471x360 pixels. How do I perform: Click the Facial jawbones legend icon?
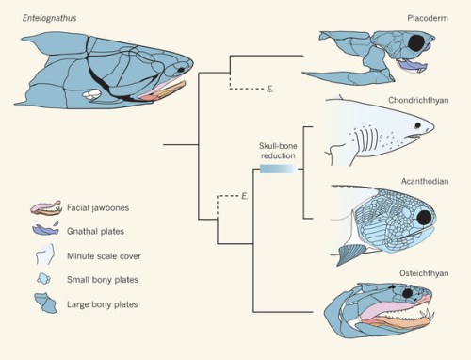point(44,207)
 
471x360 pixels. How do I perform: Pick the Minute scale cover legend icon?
point(44,254)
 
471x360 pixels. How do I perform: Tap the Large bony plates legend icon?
point(44,303)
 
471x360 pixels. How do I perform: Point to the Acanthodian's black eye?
point(425,219)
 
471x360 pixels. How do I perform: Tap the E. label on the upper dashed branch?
point(269,90)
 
